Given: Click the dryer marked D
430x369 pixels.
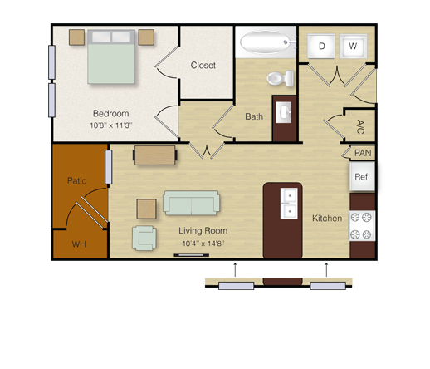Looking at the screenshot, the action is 321,46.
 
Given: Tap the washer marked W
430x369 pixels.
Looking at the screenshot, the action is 353,46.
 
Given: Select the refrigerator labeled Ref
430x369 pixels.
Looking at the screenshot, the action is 362,176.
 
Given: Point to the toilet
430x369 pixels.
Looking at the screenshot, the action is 281,78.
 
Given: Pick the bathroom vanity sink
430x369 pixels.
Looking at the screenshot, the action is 283,112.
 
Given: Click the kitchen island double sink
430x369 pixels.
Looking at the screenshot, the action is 289,204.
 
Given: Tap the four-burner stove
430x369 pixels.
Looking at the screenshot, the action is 362,226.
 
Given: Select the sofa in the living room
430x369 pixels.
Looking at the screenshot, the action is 191,203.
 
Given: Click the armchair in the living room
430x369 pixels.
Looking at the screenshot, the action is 144,238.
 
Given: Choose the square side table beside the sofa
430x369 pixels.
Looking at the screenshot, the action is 146,209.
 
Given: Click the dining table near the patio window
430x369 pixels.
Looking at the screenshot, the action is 155,155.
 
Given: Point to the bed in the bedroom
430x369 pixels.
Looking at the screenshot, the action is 111,57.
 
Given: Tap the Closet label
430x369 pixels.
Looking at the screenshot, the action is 203,66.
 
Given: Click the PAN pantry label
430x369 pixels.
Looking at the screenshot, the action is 363,153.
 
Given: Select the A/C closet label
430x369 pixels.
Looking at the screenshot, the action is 360,127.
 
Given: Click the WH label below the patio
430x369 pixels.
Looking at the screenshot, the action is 79,244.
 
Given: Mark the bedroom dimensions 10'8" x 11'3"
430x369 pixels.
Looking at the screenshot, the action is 111,125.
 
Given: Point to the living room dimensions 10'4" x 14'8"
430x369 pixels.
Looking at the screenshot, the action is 203,244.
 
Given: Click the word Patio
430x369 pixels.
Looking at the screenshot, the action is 77,180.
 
